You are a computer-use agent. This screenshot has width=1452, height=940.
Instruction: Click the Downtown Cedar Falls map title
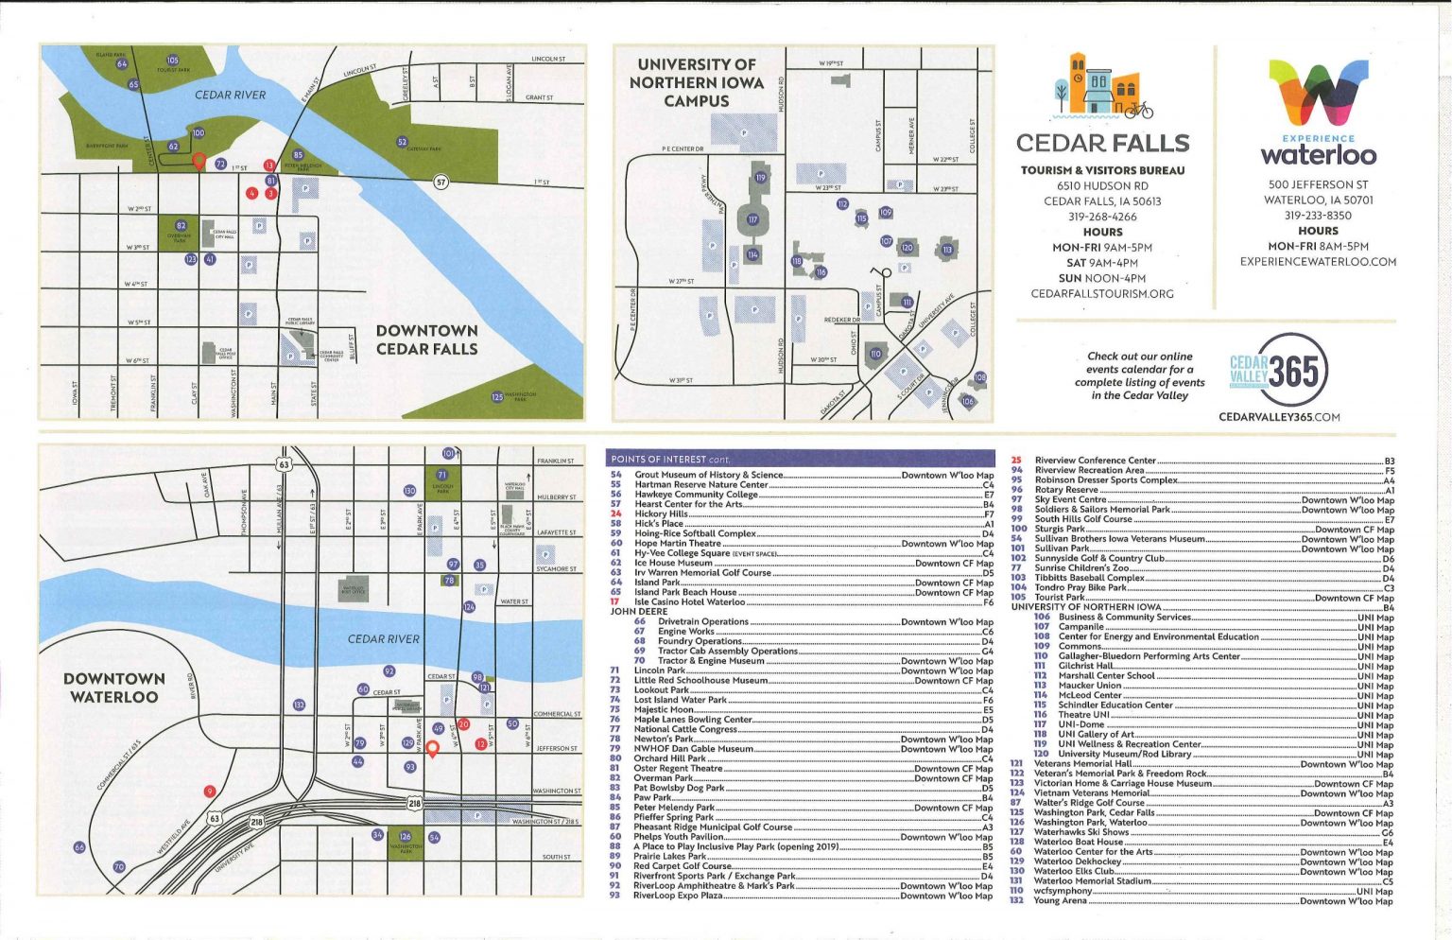coord(426,339)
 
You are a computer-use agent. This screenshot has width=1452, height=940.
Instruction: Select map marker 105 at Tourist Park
coord(172,61)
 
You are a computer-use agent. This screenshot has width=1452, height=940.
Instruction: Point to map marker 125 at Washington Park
coord(497,397)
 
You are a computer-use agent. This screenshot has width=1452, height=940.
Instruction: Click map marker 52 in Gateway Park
coord(403,143)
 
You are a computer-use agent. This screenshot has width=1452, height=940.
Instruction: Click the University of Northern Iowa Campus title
coord(696,82)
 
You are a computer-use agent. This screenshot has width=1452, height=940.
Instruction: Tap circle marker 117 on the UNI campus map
coord(752,219)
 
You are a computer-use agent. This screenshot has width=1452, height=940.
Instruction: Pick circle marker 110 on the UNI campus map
coord(875,354)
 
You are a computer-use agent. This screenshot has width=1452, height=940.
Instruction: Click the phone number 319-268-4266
coord(1102,217)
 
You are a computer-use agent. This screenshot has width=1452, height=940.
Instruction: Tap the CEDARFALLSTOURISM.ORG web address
coord(1102,294)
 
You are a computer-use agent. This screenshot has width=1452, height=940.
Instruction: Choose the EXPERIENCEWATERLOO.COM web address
coord(1318,262)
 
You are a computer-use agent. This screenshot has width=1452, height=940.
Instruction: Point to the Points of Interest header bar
coord(802,459)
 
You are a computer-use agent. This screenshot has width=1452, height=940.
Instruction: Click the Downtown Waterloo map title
coord(114,688)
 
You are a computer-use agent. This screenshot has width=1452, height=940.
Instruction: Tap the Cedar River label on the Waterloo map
coord(383,638)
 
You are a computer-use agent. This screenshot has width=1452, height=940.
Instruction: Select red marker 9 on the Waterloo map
coord(210,792)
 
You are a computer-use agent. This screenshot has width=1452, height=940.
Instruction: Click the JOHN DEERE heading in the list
coord(639,612)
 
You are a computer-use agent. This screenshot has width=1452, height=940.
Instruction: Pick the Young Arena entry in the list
coord(1060,901)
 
